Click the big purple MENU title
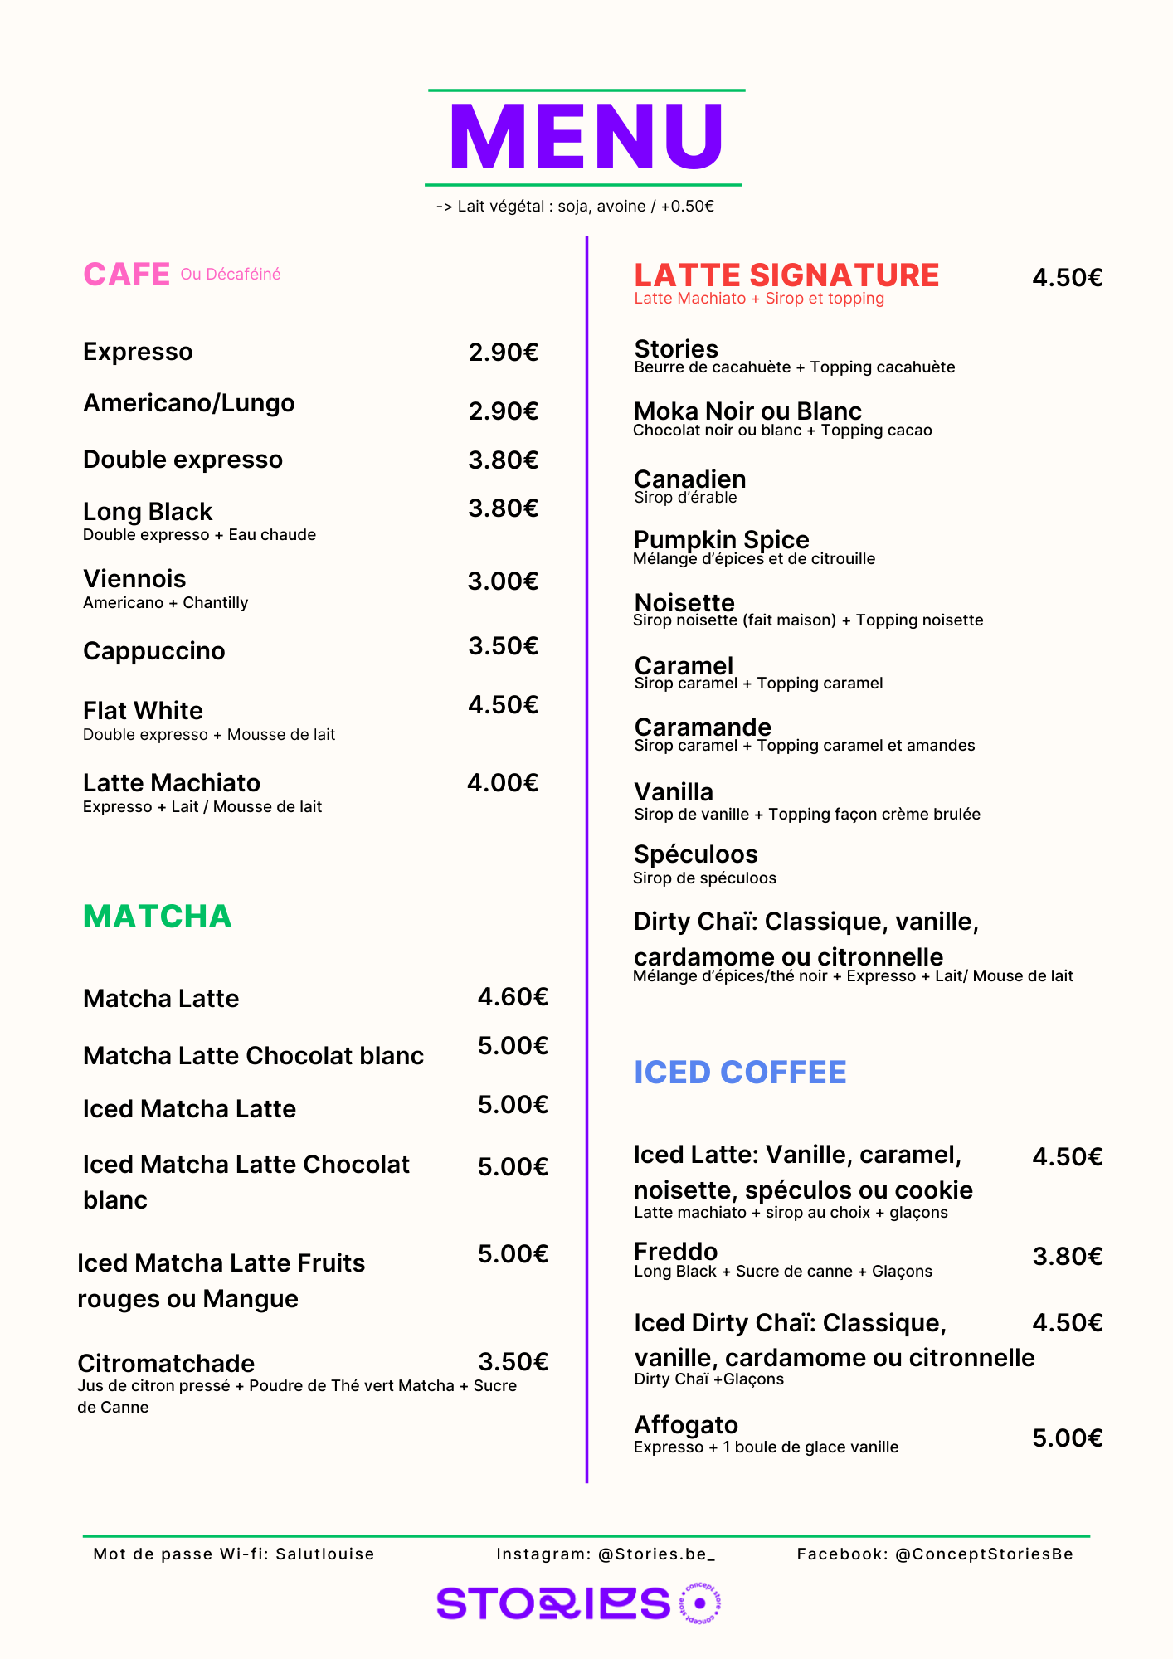tap(586, 137)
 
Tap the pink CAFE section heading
tap(126, 275)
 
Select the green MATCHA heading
tap(158, 917)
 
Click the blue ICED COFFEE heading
tap(740, 1073)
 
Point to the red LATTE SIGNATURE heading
tap(786, 275)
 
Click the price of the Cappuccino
tap(503, 646)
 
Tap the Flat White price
tap(503, 705)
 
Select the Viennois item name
tap(134, 579)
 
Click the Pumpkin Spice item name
tap(721, 540)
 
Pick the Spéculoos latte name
tap(695, 854)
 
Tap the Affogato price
tap(1067, 1438)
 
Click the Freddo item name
tap(675, 1252)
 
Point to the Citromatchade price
tap(513, 1362)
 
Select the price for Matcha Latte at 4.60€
tap(513, 997)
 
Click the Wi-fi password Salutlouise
tap(324, 1554)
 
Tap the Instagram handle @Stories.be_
tap(656, 1554)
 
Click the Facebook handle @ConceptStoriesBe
tap(984, 1554)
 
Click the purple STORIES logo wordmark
tap(553, 1603)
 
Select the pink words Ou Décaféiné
tap(231, 275)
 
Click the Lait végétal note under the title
tap(576, 207)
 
